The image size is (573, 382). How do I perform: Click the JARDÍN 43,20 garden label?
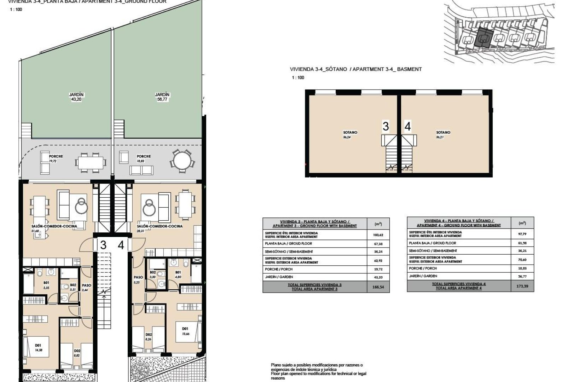click(77, 97)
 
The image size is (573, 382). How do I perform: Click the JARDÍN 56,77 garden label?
click(162, 97)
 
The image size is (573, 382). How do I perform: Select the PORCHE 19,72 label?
click(56, 158)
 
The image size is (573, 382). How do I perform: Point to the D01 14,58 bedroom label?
click(38, 348)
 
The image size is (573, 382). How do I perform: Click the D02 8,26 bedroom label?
click(149, 336)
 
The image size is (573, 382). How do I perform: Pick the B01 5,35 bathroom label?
click(46, 285)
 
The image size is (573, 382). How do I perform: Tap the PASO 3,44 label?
click(86, 287)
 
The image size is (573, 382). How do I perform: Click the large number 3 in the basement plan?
click(386, 126)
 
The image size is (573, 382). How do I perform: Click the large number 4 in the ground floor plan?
click(121, 245)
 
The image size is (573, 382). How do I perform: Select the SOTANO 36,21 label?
click(443, 134)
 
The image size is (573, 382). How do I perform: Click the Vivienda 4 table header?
click(459, 223)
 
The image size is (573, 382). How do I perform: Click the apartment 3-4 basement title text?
click(355, 69)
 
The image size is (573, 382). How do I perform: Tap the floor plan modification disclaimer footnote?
click(318, 371)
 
